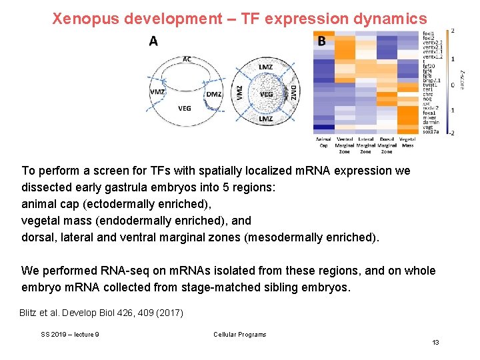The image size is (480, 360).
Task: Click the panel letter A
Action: (153, 41)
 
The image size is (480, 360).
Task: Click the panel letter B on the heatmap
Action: (322, 41)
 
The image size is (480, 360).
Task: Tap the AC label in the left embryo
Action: (187, 59)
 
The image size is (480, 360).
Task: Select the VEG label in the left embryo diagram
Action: (185, 108)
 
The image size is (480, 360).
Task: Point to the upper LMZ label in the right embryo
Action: (265, 67)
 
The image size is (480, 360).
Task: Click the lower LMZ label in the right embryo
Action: (265, 119)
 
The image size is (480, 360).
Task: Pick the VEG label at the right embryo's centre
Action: (266, 94)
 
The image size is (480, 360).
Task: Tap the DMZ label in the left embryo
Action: (213, 94)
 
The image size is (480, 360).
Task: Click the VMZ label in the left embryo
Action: (158, 92)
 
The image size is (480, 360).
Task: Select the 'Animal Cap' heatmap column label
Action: (323, 142)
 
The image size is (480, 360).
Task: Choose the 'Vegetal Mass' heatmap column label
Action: (407, 142)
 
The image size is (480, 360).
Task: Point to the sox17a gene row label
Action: (431, 132)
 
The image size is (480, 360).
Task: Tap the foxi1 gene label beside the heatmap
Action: (428, 33)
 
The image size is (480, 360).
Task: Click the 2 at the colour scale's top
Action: (453, 31)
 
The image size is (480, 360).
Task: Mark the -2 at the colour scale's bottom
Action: (452, 133)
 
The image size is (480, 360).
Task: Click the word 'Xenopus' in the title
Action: (83, 18)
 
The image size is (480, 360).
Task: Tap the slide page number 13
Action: (435, 342)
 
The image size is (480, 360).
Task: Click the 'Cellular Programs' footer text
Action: (239, 335)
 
